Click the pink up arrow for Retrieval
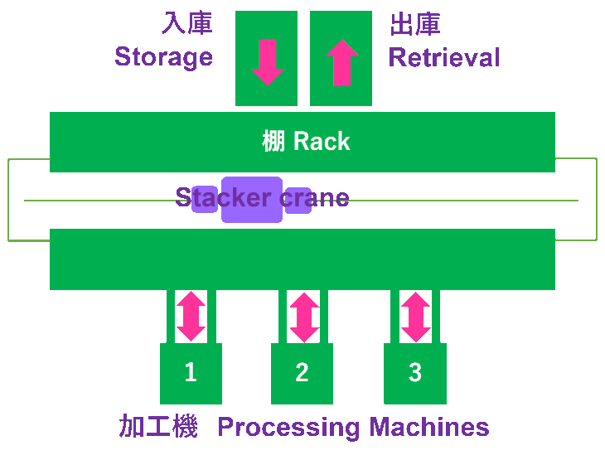pyautogui.click(x=341, y=62)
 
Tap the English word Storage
pyautogui.click(x=163, y=56)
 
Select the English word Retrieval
pyautogui.click(x=444, y=57)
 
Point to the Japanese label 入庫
pyautogui.click(x=186, y=23)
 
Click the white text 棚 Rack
pyautogui.click(x=306, y=142)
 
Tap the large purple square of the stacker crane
pyautogui.click(x=251, y=200)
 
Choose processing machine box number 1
pyautogui.click(x=191, y=374)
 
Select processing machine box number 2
pyautogui.click(x=302, y=374)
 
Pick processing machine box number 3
pyautogui.click(x=414, y=374)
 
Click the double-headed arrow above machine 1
pyautogui.click(x=191, y=316)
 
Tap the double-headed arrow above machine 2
pyautogui.click(x=303, y=317)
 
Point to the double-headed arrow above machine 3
pyautogui.click(x=415, y=317)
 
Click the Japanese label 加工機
pyautogui.click(x=158, y=427)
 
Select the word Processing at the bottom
pyautogui.click(x=288, y=428)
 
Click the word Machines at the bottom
pyautogui.click(x=429, y=427)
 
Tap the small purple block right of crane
pyautogui.click(x=298, y=201)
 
